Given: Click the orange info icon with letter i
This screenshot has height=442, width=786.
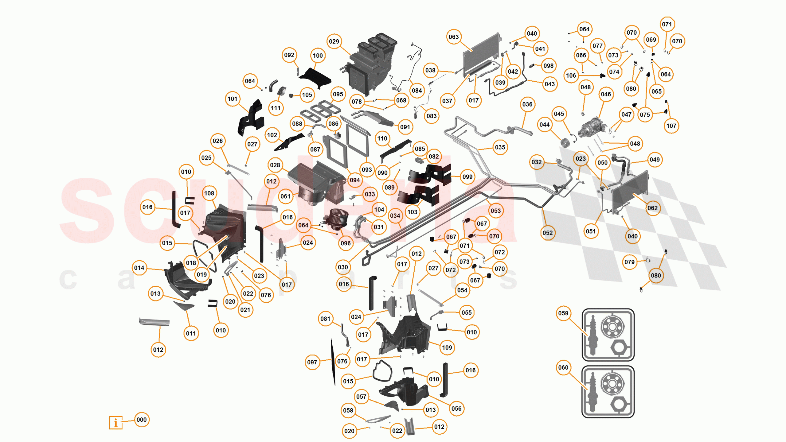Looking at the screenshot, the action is tap(116, 423).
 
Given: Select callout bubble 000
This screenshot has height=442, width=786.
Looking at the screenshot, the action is tap(142, 420).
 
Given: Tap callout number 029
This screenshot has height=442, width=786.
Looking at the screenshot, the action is tap(334, 41).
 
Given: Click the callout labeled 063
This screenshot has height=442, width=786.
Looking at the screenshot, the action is tap(454, 37).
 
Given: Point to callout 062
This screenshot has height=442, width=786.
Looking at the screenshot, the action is tap(652, 208).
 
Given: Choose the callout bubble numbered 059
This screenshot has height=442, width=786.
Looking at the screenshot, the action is tap(563, 313).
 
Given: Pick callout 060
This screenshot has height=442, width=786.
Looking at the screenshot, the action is tap(563, 367).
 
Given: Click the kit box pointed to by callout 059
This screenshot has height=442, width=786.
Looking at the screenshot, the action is tap(608, 335).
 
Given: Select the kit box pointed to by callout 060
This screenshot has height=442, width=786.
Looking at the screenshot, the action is tap(608, 392).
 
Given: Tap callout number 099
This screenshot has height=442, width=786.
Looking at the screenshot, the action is tap(467, 177).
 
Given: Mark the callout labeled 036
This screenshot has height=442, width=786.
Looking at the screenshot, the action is tap(527, 104).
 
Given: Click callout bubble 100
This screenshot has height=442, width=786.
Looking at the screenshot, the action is tap(318, 56).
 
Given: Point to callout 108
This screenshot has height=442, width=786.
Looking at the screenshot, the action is tap(209, 193).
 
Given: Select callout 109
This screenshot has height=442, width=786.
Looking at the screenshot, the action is tap(447, 347).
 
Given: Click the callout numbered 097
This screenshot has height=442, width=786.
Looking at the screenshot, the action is tap(312, 362).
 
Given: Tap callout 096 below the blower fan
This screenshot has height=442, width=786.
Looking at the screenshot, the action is tap(346, 243).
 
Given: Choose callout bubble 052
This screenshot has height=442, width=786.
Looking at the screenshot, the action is tap(548, 233).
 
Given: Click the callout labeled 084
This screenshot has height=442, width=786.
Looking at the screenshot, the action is tap(417, 91).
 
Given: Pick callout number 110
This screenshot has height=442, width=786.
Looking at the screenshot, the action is tap(382, 138).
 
